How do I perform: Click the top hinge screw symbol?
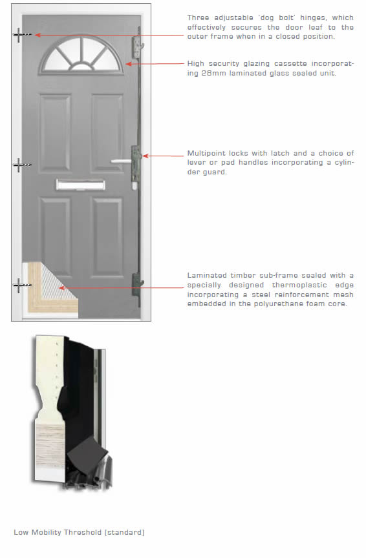tap(22, 35)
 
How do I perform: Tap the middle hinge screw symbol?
tap(22, 165)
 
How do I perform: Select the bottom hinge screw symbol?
tap(22, 285)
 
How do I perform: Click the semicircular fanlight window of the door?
tap(81, 54)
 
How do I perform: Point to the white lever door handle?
tap(122, 161)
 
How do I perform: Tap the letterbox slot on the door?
tap(81, 185)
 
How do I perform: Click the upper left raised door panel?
tap(55, 133)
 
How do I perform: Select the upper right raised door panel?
tap(107, 133)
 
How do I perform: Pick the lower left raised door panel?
tap(55, 233)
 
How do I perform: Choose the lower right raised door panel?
tap(107, 238)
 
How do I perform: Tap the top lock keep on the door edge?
tap(138, 47)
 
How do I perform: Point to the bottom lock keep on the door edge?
tap(138, 284)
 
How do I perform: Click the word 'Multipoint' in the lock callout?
tap(206, 153)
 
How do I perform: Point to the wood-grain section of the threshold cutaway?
tap(50, 446)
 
